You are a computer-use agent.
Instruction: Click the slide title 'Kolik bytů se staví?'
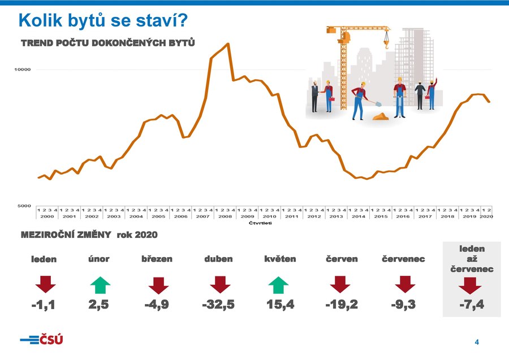click(x=103, y=20)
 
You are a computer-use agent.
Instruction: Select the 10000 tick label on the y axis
click(x=23, y=70)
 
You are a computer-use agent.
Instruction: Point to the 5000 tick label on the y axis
click(x=23, y=206)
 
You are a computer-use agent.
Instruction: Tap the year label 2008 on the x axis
click(x=225, y=216)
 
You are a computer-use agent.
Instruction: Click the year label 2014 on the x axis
click(x=359, y=216)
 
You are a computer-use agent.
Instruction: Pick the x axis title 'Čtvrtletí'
click(x=261, y=223)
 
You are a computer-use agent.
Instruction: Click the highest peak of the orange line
click(x=228, y=44)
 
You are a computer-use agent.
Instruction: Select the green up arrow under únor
click(x=100, y=285)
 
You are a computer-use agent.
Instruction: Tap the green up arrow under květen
click(x=278, y=285)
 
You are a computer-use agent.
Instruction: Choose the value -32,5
click(x=218, y=305)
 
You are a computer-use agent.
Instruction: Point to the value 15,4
click(x=280, y=305)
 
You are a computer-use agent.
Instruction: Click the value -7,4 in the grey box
click(x=472, y=305)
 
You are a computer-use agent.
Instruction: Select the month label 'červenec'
click(x=404, y=259)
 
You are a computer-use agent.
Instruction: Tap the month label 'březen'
click(x=157, y=259)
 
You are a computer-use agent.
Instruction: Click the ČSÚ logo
click(x=41, y=340)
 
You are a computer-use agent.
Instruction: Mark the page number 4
click(x=477, y=342)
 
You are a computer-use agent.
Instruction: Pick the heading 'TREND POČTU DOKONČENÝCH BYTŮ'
click(x=108, y=43)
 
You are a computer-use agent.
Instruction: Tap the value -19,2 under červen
click(x=342, y=305)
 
